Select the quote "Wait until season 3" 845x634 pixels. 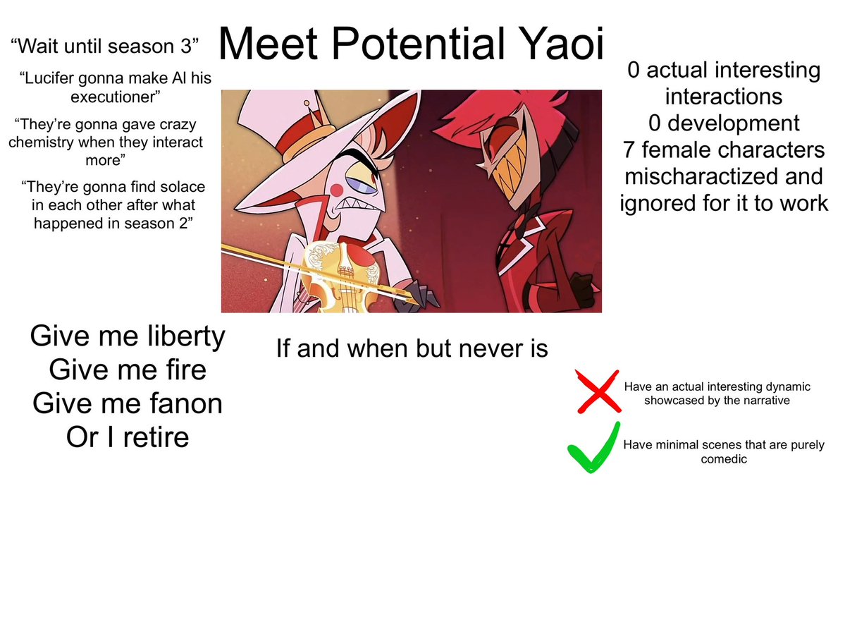105,48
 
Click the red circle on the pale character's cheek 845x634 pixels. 338,189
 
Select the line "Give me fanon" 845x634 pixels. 128,403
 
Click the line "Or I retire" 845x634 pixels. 128,437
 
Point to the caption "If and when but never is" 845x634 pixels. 412,348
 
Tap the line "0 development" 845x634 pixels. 724,123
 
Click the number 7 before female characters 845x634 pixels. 629,150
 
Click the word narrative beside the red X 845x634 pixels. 765,401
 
